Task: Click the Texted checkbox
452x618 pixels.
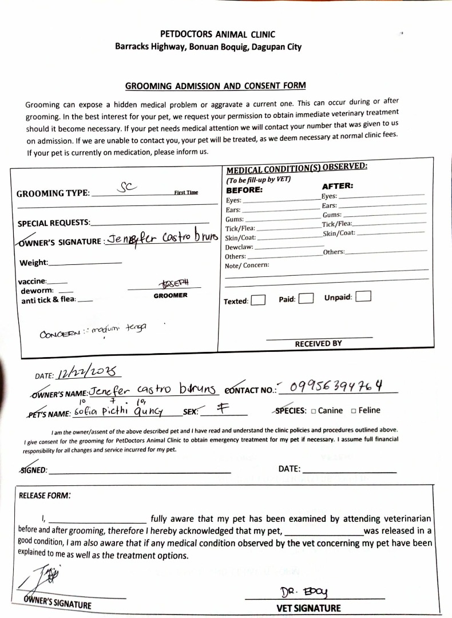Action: [258, 300]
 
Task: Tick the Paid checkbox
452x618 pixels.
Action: [306, 299]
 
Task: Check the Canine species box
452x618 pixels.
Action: [314, 411]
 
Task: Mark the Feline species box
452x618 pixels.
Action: [354, 410]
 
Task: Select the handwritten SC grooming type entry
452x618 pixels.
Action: [125, 187]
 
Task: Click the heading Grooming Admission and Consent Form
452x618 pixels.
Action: [215, 86]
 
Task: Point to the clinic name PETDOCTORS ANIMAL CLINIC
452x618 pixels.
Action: [217, 34]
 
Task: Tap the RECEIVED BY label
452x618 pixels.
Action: [318, 343]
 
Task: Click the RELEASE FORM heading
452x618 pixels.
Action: [45, 496]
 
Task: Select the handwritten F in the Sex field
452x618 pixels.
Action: [221, 409]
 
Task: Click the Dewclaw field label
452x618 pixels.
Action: [239, 247]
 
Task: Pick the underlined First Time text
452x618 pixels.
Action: [186, 192]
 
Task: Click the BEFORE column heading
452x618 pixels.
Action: [244, 189]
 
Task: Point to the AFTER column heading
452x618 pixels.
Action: [338, 186]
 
